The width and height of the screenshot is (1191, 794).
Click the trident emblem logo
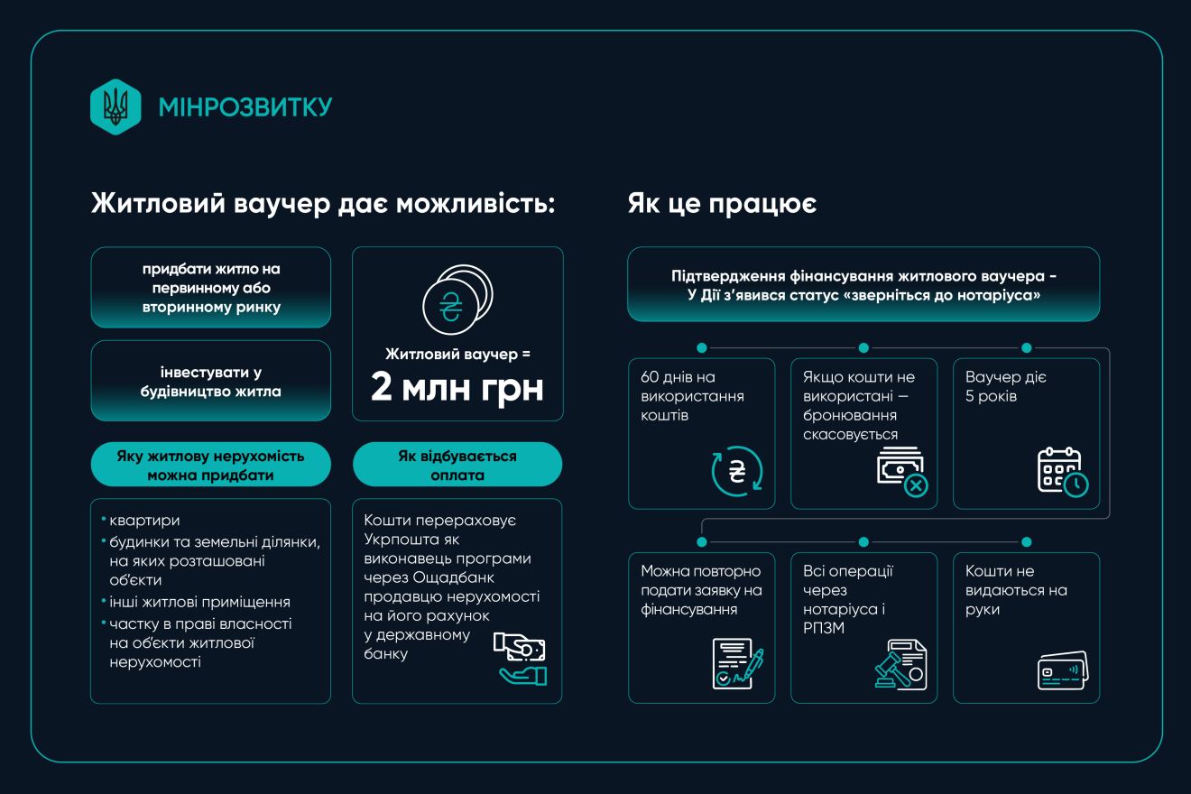pyautogui.click(x=115, y=106)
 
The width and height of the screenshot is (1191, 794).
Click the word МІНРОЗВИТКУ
pyautogui.click(x=245, y=107)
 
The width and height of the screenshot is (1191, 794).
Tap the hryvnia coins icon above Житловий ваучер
pyautogui.click(x=457, y=300)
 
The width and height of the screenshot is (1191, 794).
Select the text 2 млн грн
pyautogui.click(x=457, y=387)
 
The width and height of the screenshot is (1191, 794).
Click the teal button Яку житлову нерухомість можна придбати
pyautogui.click(x=210, y=465)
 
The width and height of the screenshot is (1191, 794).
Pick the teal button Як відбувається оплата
pyautogui.click(x=457, y=465)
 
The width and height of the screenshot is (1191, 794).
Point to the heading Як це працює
pyautogui.click(x=722, y=204)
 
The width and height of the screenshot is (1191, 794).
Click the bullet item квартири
pyautogui.click(x=144, y=520)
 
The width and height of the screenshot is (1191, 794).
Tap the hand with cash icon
pyautogui.click(x=520, y=659)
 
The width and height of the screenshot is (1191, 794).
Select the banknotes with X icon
pyautogui.click(x=902, y=472)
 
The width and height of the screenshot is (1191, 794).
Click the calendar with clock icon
pyautogui.click(x=1063, y=472)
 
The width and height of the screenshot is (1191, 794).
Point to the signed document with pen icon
pyautogui.click(x=738, y=664)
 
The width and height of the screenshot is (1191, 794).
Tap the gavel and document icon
pyautogui.click(x=900, y=665)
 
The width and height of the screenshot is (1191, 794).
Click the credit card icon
pyautogui.click(x=1063, y=670)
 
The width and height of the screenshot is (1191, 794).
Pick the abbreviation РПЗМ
pyautogui.click(x=824, y=628)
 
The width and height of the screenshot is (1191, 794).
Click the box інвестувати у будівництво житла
pyautogui.click(x=210, y=381)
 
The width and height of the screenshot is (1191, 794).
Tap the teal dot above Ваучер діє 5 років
pyautogui.click(x=1026, y=347)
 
